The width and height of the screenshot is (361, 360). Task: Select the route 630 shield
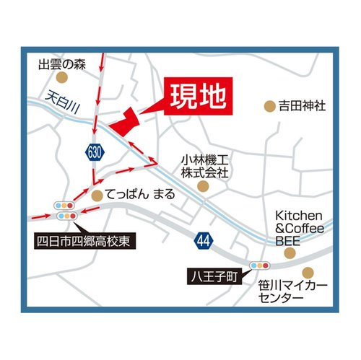(95, 152)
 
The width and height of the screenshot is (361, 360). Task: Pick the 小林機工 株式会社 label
(204, 167)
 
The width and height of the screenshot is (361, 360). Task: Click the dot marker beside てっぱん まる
(96, 195)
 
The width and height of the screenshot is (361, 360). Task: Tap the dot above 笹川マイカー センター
(308, 273)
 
